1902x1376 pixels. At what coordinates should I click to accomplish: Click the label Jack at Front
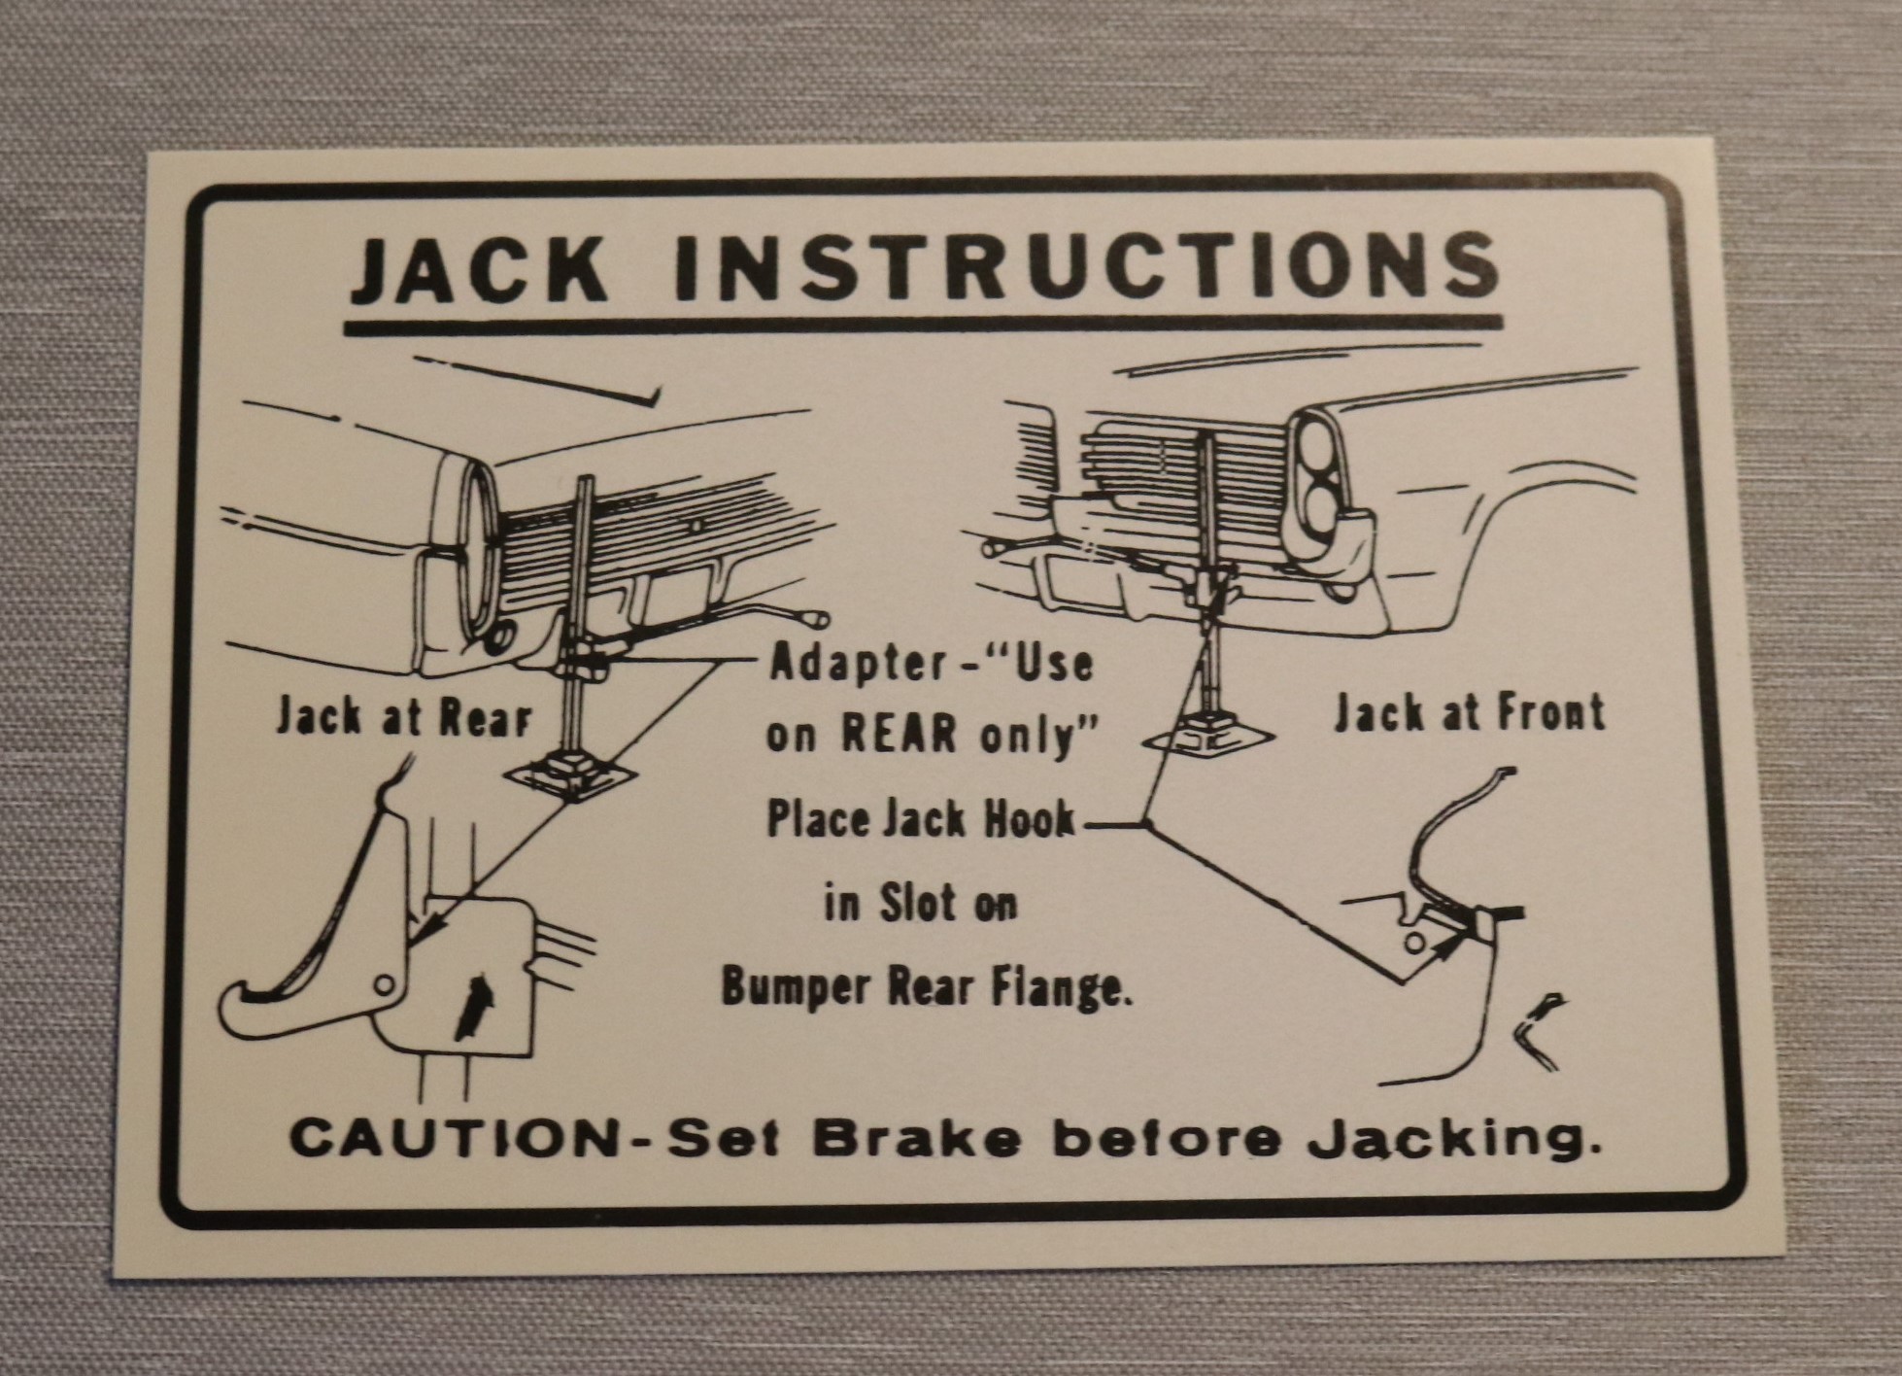[1469, 712]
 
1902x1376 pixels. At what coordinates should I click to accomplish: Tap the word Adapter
[856, 666]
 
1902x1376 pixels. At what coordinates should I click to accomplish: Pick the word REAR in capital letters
[899, 735]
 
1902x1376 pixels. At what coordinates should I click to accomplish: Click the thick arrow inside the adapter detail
[473, 1007]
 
